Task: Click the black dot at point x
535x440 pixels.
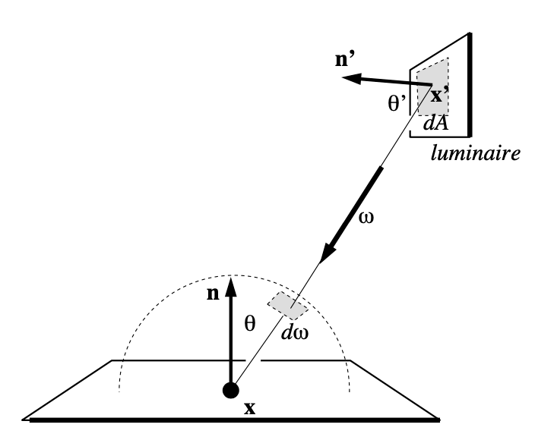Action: (x=230, y=391)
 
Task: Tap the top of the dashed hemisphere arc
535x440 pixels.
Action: (x=233, y=274)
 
